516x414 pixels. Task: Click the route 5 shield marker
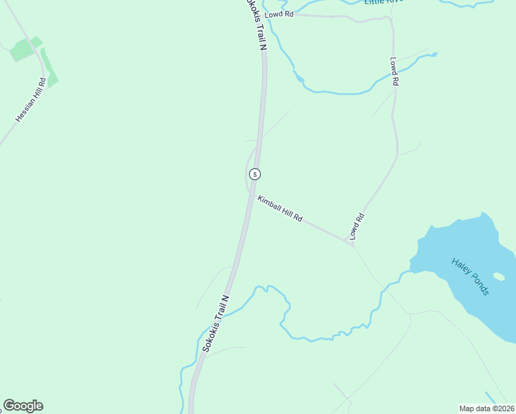point(255,174)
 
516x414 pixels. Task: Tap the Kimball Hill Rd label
point(280,209)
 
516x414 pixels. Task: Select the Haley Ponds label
point(470,277)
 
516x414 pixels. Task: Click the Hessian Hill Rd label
point(31,101)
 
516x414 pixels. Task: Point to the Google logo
point(23,406)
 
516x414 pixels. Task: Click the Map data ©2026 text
point(486,408)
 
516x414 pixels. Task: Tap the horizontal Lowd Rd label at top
point(279,13)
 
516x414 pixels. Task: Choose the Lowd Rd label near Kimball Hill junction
point(356,226)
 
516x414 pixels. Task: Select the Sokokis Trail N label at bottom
point(215,324)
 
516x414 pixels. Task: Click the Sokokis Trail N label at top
point(255,24)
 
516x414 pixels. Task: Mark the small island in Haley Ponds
point(499,277)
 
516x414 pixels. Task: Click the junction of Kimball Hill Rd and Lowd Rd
point(350,243)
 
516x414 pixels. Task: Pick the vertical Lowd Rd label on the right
point(395,71)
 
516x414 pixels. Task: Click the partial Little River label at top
point(384,3)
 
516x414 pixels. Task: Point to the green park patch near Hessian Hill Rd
point(23,49)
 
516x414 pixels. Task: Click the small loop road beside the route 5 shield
point(247,172)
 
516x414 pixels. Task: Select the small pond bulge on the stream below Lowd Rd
point(299,77)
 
